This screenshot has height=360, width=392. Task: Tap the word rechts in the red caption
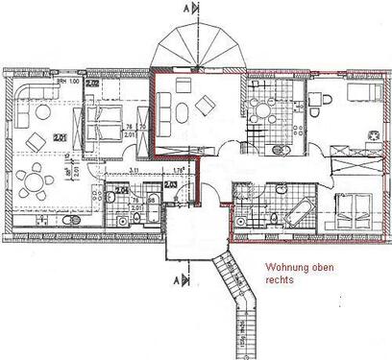point(278,282)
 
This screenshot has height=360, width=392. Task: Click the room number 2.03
point(170,183)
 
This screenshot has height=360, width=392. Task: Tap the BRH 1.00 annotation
point(66,84)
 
